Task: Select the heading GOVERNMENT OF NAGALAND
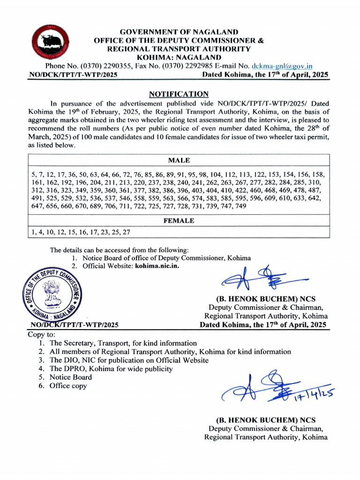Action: pos(179,32)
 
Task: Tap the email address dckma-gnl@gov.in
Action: pos(282,66)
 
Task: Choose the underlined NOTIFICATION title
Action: pos(179,94)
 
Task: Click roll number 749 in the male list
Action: pos(240,206)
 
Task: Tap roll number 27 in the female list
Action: pos(126,232)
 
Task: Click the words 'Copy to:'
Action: pos(42,335)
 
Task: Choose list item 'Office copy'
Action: pos(68,386)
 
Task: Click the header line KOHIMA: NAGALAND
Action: pos(179,57)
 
